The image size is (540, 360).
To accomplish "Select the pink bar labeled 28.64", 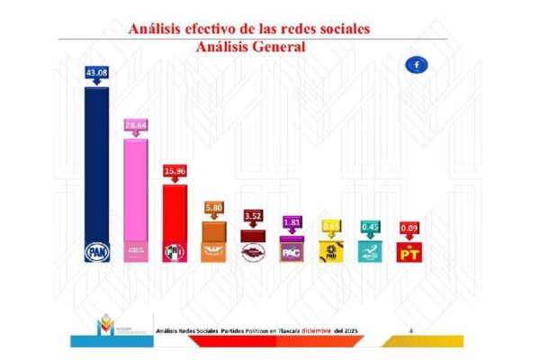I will [x=135, y=189].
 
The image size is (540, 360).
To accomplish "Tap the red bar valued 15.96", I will [x=174, y=211].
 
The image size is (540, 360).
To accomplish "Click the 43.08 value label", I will [x=96, y=73].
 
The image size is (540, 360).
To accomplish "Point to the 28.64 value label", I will [x=135, y=124].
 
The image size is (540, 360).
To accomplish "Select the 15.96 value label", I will [x=174, y=169].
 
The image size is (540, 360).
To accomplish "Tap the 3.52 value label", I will [x=253, y=215].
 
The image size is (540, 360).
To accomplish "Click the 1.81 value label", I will [x=292, y=221].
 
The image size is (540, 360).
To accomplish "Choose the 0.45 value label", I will [x=370, y=227].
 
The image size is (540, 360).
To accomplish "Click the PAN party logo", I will [x=96, y=253].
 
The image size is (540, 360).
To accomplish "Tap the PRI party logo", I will [x=174, y=253].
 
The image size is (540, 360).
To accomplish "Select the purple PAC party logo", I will [x=292, y=252].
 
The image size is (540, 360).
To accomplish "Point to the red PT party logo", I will [x=409, y=253].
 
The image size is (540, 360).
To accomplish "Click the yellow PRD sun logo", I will [x=331, y=253].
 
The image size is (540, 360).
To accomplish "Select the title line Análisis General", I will [x=250, y=46].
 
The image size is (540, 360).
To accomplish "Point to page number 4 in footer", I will [x=410, y=332].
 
